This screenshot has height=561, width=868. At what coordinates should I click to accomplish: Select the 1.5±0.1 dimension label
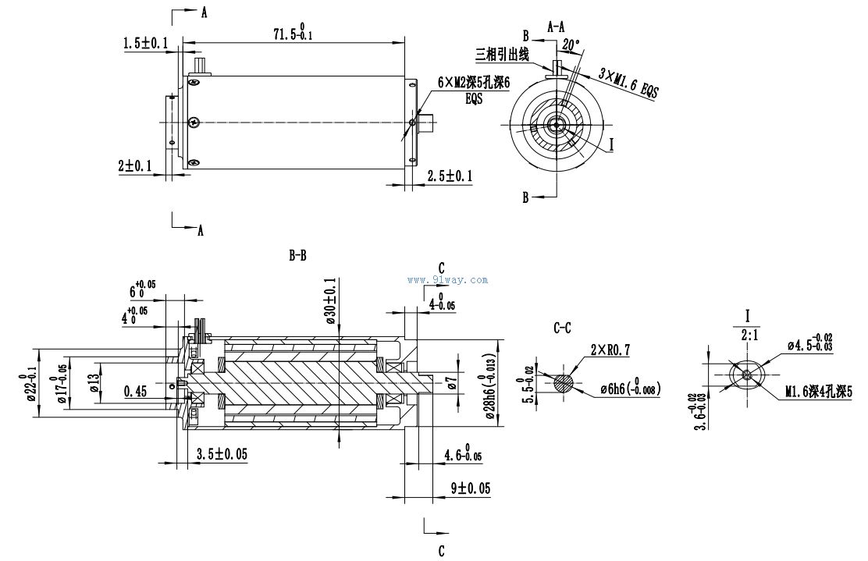(145, 44)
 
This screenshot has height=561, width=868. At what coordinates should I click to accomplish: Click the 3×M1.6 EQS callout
(628, 80)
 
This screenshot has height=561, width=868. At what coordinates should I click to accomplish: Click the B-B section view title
(297, 254)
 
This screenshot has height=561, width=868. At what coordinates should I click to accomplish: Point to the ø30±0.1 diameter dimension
(330, 296)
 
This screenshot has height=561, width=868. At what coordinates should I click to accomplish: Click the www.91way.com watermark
(448, 279)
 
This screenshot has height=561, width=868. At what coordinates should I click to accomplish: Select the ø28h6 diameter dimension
(492, 378)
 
